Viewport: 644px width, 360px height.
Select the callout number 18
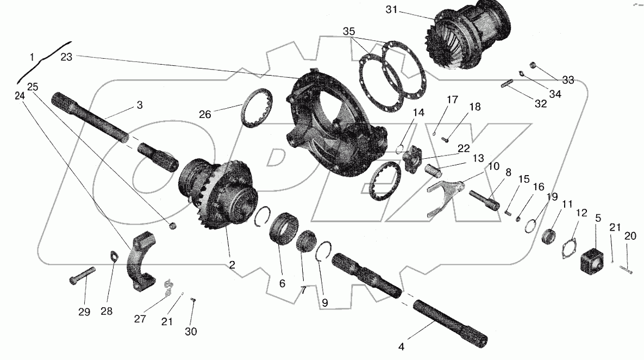(474, 107)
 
